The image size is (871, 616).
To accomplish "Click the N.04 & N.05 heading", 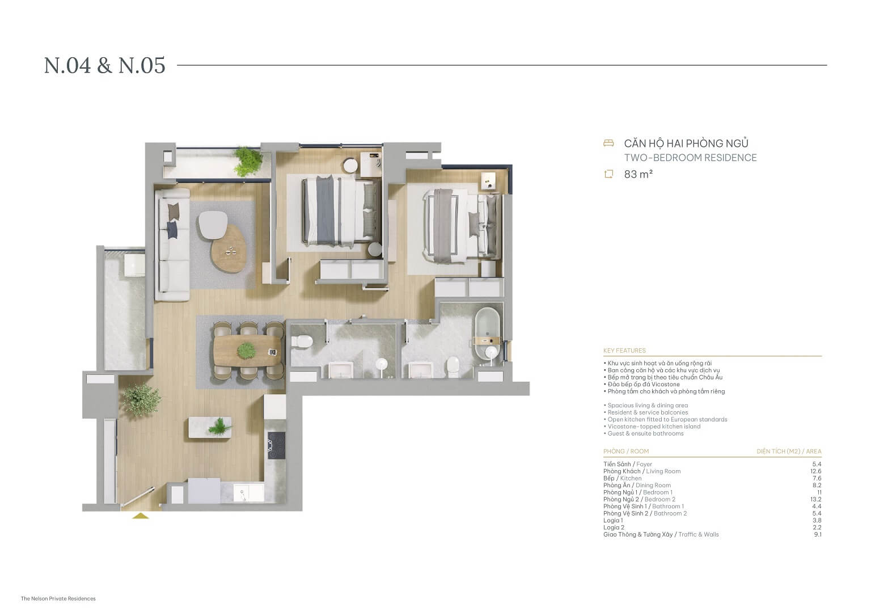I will click(105, 65).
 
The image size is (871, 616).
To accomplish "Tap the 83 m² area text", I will click(638, 174).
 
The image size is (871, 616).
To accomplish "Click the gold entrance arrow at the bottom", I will click(140, 516).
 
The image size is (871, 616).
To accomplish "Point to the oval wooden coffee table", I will click(230, 250).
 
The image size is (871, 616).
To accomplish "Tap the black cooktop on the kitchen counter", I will click(276, 445).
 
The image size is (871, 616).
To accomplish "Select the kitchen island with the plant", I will click(210, 427).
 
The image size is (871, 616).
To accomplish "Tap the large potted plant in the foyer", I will click(141, 399).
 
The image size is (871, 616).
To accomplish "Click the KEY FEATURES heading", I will click(624, 351).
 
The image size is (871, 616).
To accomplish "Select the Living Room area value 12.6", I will click(815, 471).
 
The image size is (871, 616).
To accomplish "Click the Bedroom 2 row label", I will click(639, 499).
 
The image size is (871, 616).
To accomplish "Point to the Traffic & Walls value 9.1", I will click(817, 534).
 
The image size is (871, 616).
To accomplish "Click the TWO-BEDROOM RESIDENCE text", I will click(690, 158).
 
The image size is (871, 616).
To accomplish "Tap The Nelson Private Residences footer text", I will click(58, 598).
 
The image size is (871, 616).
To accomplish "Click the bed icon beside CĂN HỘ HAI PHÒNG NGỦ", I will click(608, 143).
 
